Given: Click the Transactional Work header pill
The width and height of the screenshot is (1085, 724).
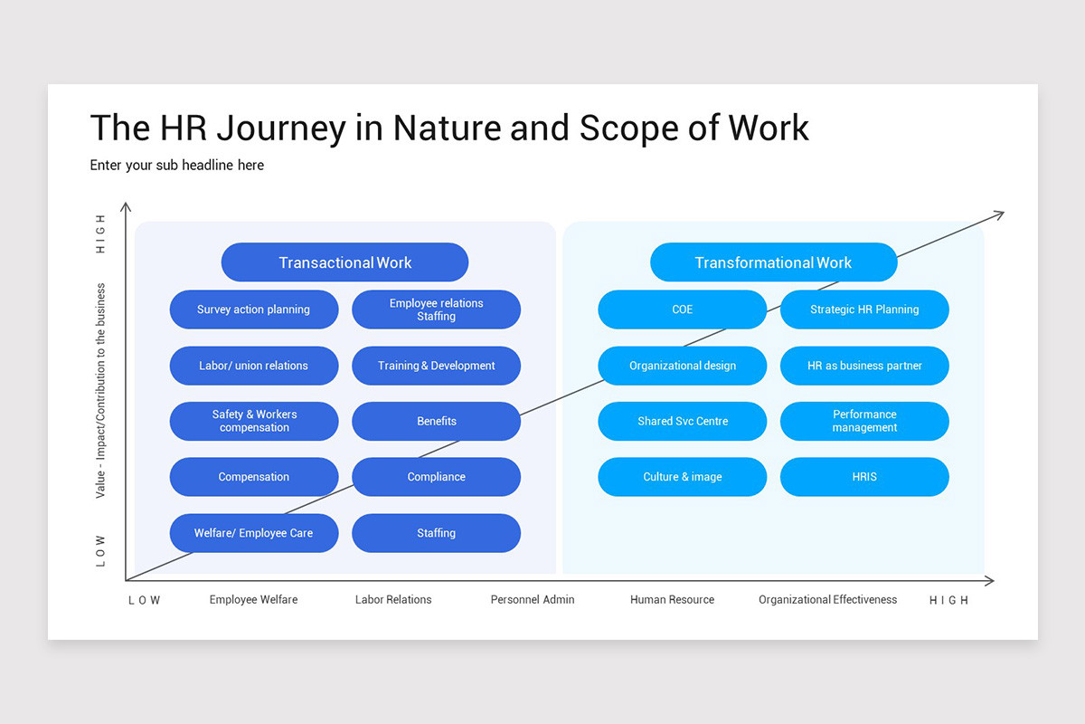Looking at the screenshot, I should [x=344, y=262].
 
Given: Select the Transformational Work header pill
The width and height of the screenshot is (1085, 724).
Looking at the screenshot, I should [x=773, y=262].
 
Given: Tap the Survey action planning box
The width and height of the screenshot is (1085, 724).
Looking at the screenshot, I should [x=254, y=310].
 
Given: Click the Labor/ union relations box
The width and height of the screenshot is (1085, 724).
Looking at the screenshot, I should [x=254, y=366].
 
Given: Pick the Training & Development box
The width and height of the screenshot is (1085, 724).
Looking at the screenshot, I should [x=436, y=366].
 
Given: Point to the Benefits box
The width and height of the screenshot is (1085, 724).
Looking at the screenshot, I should [x=436, y=422].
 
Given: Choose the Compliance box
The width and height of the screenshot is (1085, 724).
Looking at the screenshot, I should [x=436, y=477].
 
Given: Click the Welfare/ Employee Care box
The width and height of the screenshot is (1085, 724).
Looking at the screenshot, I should [x=254, y=533].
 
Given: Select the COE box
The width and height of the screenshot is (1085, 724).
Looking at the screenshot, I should [x=682, y=310].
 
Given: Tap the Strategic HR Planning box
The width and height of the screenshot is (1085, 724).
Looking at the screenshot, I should [x=864, y=310].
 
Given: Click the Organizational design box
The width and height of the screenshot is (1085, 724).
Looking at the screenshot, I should [x=682, y=366].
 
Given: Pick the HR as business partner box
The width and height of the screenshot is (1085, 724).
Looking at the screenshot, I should [x=864, y=366].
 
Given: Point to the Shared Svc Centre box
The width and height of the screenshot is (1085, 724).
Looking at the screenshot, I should [x=682, y=422].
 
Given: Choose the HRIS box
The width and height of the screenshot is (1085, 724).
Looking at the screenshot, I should [x=864, y=477].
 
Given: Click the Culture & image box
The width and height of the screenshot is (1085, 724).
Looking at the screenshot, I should [x=682, y=477].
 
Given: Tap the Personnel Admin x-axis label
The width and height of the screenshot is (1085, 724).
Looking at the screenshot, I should [x=533, y=599].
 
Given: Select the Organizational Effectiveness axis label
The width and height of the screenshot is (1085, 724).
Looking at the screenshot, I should [x=827, y=599].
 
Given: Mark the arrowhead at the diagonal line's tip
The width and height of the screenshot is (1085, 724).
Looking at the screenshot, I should [x=999, y=214].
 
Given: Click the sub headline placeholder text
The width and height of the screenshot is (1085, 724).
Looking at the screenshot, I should [x=177, y=165].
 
